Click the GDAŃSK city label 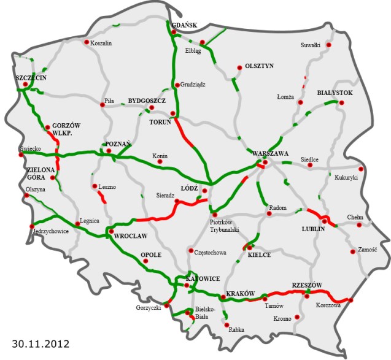pyautogui.click(x=184, y=25)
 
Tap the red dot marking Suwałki pyautogui.click(x=329, y=45)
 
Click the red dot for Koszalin pyautogui.click(x=86, y=43)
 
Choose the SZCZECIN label pyautogui.click(x=31, y=79)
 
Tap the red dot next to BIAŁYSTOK pyautogui.click(x=341, y=102)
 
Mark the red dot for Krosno pyautogui.click(x=298, y=317)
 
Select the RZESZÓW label pyautogui.click(x=308, y=285)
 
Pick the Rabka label pyautogui.click(x=236, y=330)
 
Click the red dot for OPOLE pyautogui.click(x=146, y=262)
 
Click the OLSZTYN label pyautogui.click(x=259, y=66)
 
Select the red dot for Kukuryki pyautogui.click(x=361, y=169)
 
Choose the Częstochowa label pyautogui.click(x=210, y=252)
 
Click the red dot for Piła pyautogui.click(x=103, y=105)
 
